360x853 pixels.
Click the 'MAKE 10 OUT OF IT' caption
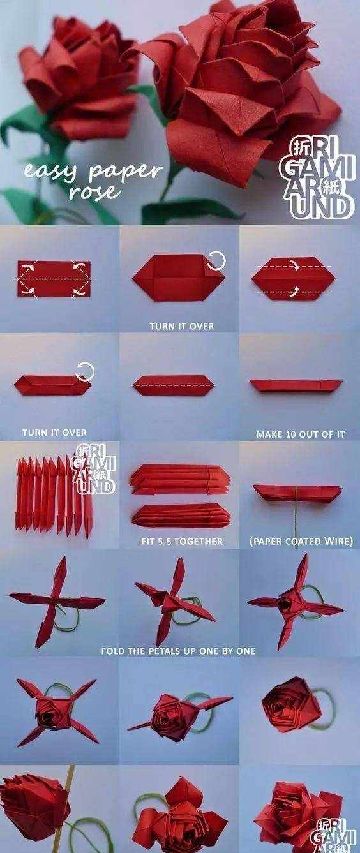coord(300,434)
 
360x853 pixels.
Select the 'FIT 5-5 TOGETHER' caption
coord(182,541)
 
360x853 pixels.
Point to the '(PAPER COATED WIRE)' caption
coord(301,541)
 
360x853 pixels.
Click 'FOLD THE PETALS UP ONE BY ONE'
coord(178,651)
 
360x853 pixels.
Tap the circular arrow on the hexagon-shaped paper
coord(216,261)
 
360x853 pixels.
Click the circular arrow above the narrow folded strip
coord(86,371)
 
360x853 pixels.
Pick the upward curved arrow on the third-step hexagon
coord(296,292)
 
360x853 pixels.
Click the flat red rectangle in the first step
coord(54,279)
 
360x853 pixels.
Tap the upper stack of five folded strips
coord(179,478)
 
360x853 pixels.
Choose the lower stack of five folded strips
coord(181,515)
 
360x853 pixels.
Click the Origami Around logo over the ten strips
coord(93,469)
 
